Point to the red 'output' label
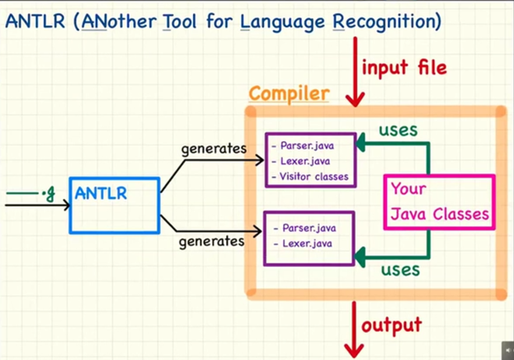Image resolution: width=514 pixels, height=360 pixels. click(392, 324)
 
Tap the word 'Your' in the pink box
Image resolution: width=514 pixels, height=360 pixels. click(409, 188)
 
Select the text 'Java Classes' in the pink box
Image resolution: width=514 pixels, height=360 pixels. click(440, 215)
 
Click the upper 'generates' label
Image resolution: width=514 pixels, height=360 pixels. click(215, 149)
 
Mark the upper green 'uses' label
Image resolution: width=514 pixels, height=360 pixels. click(398, 130)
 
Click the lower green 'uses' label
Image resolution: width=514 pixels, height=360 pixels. click(400, 269)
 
